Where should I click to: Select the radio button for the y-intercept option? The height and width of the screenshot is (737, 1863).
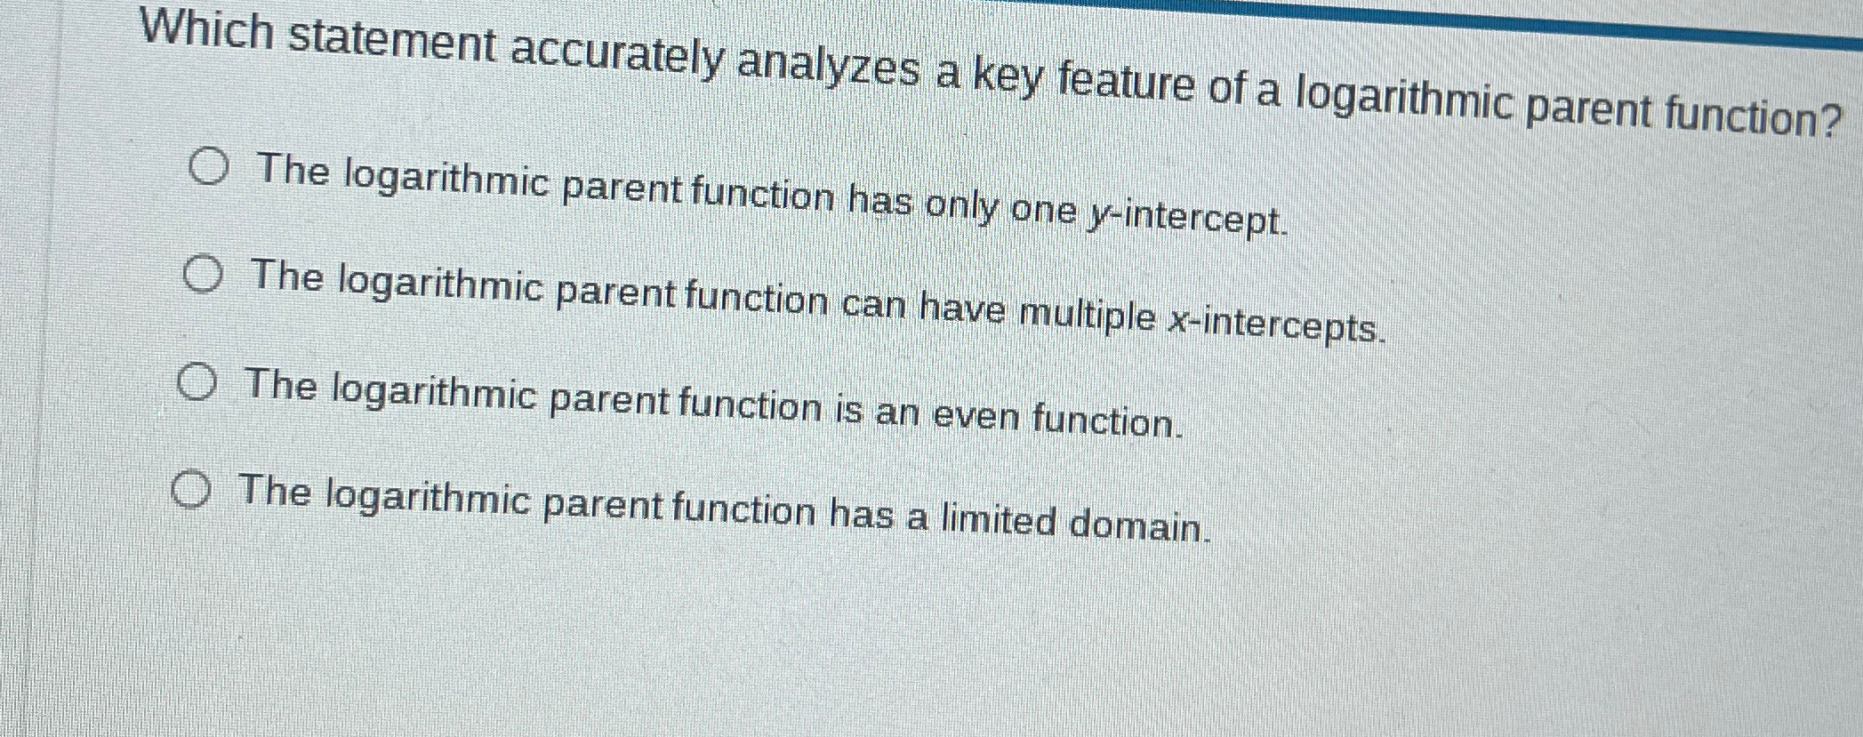210,167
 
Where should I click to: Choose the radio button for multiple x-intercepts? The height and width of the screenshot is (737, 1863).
204,275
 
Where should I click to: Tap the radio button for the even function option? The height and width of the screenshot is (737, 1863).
197,383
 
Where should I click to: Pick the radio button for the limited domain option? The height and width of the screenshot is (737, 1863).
192,490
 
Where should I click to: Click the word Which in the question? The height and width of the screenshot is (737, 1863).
207,31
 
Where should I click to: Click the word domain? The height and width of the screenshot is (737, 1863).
1140,525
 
